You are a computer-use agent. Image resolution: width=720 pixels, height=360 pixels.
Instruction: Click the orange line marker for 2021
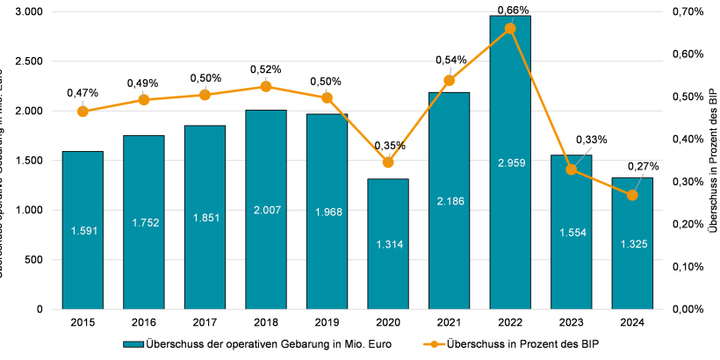(449, 81)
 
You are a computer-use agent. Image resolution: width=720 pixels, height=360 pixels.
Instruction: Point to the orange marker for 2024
(632, 195)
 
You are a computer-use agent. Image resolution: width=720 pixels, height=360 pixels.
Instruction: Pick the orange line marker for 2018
(266, 86)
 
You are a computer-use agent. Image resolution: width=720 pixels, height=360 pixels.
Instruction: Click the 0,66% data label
(512, 10)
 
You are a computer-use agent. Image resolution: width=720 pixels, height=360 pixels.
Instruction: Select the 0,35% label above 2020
(389, 146)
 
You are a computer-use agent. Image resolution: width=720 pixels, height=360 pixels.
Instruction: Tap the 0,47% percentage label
(83, 92)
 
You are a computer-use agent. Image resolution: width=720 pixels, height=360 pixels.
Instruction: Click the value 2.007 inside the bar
(266, 212)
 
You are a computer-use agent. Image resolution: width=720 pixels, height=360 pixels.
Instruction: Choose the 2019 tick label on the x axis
(327, 322)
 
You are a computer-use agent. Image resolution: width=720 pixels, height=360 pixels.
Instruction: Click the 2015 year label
(83, 322)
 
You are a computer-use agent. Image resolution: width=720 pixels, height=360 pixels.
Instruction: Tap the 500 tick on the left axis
(34, 260)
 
